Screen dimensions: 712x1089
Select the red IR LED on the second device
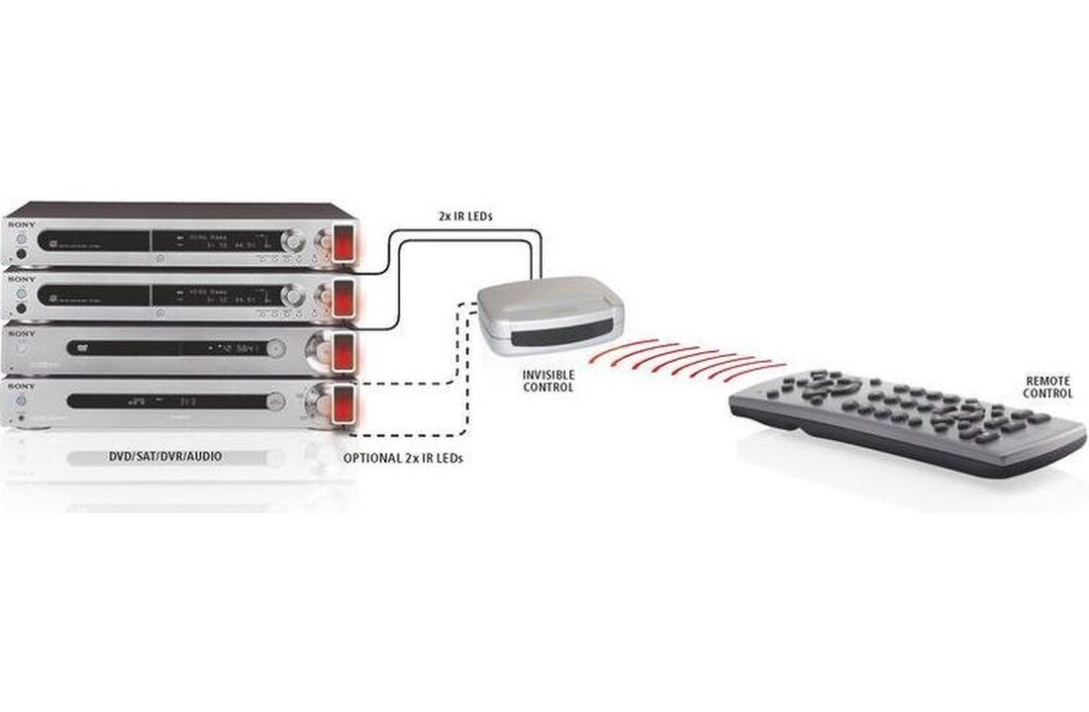tap(344, 296)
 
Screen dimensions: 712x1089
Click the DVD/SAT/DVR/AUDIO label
tap(163, 458)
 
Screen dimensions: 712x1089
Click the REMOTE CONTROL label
tap(1048, 387)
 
